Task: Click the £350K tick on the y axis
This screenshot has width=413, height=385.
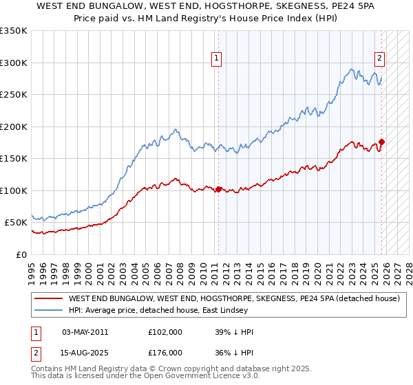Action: click(14, 31)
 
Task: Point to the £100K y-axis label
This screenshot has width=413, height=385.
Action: click(14, 190)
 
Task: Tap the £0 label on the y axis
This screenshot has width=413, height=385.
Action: click(21, 254)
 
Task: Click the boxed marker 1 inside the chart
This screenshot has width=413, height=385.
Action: click(217, 59)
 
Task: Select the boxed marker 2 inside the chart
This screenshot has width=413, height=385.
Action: click(379, 59)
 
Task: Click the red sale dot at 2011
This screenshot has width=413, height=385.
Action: click(219, 189)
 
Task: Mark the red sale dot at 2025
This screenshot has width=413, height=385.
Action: click(382, 142)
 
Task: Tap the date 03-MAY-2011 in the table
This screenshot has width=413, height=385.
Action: click(85, 332)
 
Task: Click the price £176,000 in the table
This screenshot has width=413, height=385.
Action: click(165, 353)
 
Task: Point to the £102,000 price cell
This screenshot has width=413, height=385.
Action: click(165, 332)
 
